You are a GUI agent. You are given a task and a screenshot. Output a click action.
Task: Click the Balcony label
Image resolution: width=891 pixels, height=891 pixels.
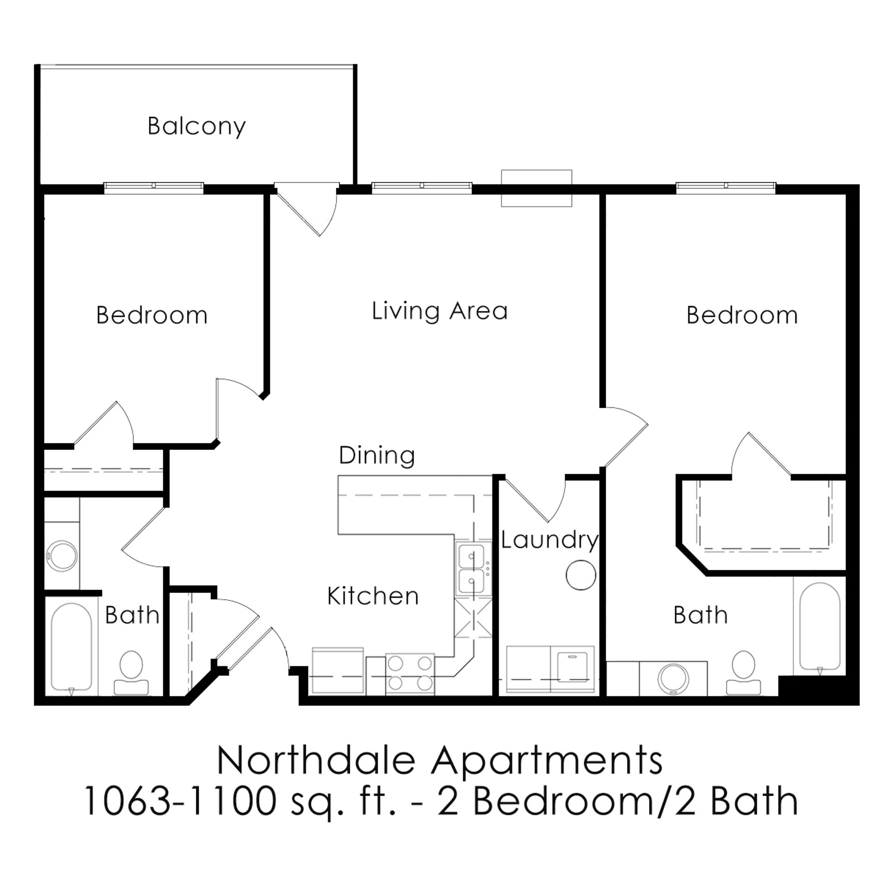tap(196, 126)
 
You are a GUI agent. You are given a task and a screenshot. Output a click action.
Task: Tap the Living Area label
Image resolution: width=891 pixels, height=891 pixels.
tap(439, 311)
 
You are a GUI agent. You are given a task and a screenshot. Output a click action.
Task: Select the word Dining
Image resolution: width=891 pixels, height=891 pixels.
tap(377, 455)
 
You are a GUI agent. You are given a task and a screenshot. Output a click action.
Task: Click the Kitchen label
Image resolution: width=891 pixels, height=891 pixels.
tap(373, 596)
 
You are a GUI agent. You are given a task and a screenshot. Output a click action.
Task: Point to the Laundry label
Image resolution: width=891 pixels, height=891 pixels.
tap(549, 540)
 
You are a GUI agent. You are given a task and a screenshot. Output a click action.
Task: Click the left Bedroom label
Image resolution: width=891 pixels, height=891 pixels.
tap(152, 316)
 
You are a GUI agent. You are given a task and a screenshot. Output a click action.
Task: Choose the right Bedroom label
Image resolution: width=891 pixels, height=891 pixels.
tap(742, 316)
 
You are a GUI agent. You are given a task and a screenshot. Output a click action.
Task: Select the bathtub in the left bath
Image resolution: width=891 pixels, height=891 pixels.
tap(71, 647)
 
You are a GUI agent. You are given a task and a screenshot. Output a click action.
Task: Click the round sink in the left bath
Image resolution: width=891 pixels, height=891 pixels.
tap(63, 555)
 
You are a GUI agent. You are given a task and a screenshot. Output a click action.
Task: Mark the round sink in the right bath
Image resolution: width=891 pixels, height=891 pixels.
tap(673, 678)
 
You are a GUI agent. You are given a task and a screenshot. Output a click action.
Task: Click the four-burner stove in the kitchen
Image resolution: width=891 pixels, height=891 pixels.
tap(410, 674)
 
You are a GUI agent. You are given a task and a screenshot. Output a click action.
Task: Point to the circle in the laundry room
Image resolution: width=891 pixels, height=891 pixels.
tap(581, 575)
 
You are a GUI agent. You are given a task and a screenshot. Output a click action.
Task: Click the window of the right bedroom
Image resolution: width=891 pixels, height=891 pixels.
tap(725, 187)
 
